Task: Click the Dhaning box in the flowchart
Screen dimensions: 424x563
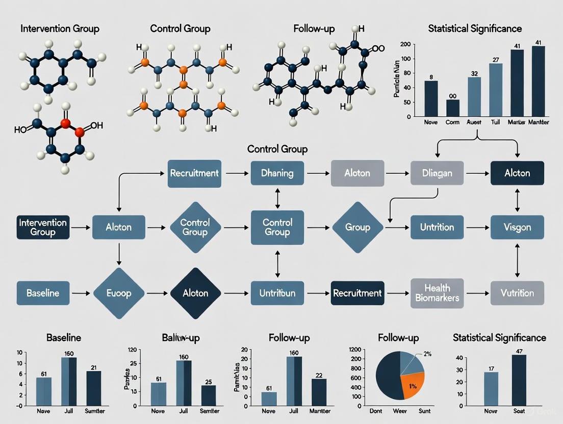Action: pos(277,173)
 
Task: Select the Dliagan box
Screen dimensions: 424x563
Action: pos(438,173)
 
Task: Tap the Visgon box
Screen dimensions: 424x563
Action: pos(517,227)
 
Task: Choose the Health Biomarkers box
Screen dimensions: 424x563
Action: pos(438,293)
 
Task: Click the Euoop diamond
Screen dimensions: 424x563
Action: pos(119,293)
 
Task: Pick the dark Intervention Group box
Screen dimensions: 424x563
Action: pos(43,227)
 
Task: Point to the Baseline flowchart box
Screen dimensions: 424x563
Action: pos(43,293)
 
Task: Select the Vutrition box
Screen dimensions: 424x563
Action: pos(517,293)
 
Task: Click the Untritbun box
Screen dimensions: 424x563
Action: pos(277,293)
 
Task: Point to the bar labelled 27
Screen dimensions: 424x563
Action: pos(496,90)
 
